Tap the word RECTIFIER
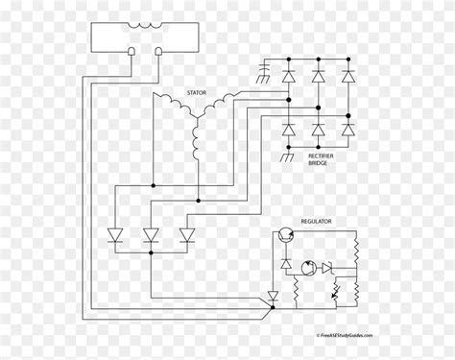pyautogui.click(x=324, y=155)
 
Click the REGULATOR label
pyautogui.click(x=317, y=221)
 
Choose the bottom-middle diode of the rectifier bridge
pyautogui.click(x=318, y=129)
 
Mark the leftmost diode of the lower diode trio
pyautogui.click(x=116, y=234)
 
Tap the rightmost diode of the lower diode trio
pyautogui.click(x=187, y=234)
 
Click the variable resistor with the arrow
pyautogui.click(x=335, y=292)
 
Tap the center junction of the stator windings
pyautogui.click(x=197, y=116)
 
